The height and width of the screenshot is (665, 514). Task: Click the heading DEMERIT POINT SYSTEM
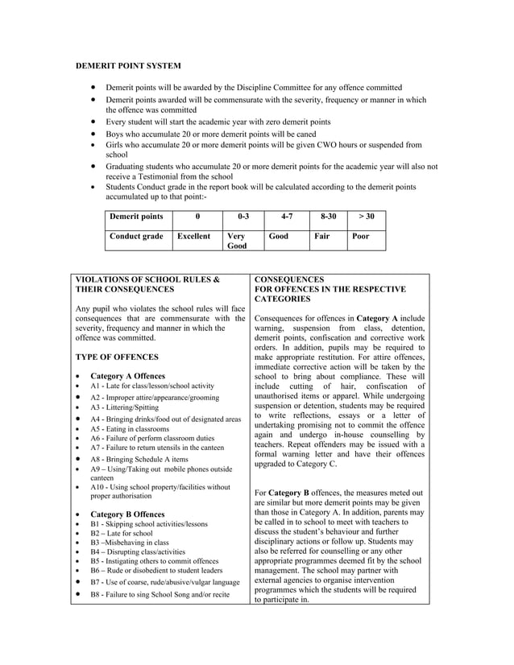click(x=128, y=64)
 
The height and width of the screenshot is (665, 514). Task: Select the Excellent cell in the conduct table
click(x=193, y=237)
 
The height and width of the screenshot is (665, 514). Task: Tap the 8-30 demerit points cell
click(x=328, y=217)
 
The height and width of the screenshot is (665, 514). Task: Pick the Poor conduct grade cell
click(x=362, y=237)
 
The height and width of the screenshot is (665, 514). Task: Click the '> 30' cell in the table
click(x=366, y=217)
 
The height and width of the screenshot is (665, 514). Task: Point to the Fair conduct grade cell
click(x=322, y=237)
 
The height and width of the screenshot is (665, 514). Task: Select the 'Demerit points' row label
click(x=136, y=217)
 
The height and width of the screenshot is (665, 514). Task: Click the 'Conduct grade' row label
click(x=136, y=237)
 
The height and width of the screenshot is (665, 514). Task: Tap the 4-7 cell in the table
click(x=286, y=217)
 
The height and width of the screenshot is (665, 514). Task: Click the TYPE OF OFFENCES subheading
click(x=116, y=356)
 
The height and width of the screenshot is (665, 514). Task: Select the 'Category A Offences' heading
click(x=127, y=376)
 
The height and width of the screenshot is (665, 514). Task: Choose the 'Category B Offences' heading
click(x=127, y=514)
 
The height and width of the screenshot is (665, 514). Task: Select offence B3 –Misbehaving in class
click(x=130, y=543)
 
